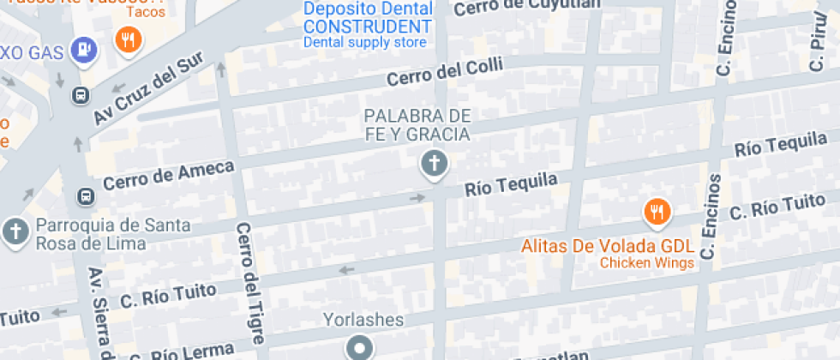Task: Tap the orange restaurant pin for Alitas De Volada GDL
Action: tap(657, 211)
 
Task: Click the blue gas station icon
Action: tap(83, 50)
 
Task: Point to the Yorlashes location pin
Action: tap(359, 347)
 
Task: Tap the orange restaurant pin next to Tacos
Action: tap(129, 39)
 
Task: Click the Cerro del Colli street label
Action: tap(445, 71)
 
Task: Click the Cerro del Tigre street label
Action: tap(252, 282)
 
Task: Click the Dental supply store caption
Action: tap(365, 42)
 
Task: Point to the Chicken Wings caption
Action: tap(646, 263)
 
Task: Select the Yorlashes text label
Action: tap(363, 320)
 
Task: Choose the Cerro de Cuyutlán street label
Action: tap(525, 6)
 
